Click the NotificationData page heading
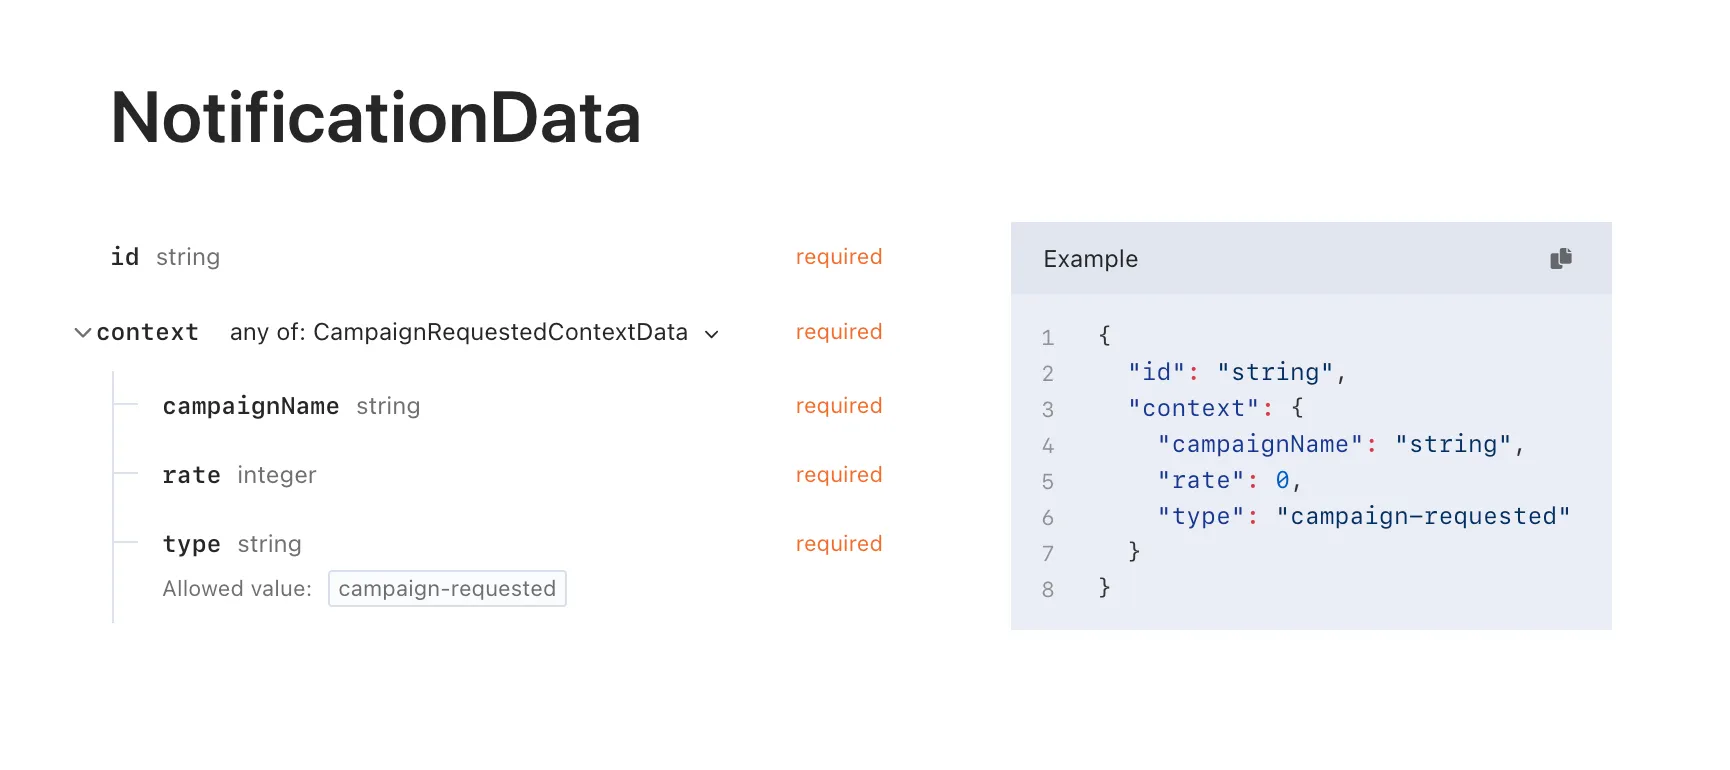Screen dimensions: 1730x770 coord(375,118)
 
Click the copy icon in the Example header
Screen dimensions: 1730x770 coord(1560,259)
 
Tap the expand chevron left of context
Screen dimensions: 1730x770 coord(83,333)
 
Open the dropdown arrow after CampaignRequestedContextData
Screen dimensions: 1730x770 coord(712,334)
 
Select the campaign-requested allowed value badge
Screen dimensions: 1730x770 coord(447,589)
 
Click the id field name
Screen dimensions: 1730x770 coord(125,257)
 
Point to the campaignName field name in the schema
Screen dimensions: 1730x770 coord(251,406)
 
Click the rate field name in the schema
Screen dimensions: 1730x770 coord(191,475)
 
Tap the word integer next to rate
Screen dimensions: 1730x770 coord(277,475)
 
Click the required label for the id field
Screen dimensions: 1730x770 coord(838,257)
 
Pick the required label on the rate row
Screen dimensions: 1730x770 coord(838,475)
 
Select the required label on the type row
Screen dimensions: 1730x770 coord(838,544)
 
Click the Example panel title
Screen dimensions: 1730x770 coord(1090,259)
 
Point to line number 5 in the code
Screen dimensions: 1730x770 coord(1047,482)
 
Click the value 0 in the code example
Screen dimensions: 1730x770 coord(1282,481)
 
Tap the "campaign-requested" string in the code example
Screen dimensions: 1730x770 coord(1423,517)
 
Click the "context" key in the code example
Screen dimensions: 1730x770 coord(1193,409)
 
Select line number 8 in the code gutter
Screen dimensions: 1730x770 coord(1047,590)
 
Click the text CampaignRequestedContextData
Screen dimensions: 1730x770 coord(500,332)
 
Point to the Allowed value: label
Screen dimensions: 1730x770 coord(237,589)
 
